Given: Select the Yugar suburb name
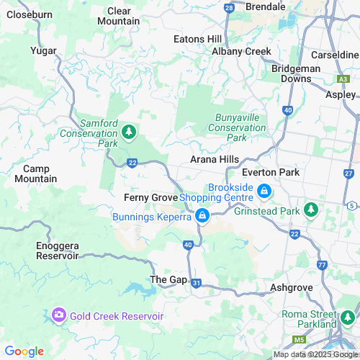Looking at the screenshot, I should point(43,50).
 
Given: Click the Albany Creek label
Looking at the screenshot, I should point(241,51).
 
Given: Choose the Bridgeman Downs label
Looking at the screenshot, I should point(296,73).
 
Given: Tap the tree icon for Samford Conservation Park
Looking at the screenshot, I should point(128,132).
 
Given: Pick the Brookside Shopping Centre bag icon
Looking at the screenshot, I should point(264,192).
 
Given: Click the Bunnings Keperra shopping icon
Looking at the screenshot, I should point(202,216).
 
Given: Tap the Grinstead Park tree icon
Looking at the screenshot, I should point(310,210).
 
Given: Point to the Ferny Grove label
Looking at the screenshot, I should point(150,197).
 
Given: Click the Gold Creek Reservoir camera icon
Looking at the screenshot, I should point(58,315).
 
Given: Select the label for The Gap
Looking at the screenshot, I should point(168,279).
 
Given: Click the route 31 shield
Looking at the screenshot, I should point(197,284).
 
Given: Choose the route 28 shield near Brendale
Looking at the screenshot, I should point(229,7).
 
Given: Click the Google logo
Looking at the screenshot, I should point(24,351).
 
